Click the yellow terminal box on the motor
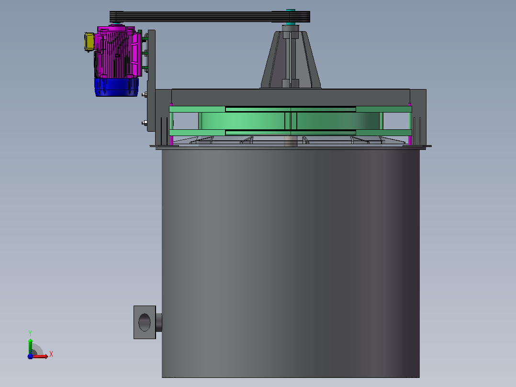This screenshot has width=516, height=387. (89, 42)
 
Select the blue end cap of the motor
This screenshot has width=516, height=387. (116, 87)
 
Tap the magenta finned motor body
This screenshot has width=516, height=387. (118, 53)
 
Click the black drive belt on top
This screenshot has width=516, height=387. (210, 16)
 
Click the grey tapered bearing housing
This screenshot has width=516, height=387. (291, 59)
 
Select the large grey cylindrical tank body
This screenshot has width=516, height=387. (291, 263)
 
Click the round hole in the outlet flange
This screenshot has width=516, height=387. (145, 322)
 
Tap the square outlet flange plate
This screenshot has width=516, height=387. (145, 322)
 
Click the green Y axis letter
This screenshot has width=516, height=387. (30, 333)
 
